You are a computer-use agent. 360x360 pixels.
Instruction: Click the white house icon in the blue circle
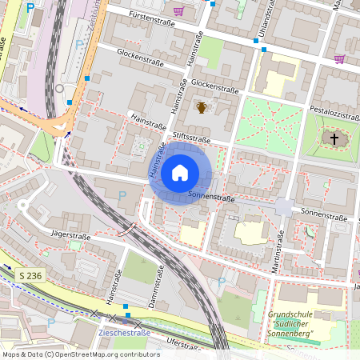click(179, 173)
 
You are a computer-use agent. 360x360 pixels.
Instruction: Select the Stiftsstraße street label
click(188, 138)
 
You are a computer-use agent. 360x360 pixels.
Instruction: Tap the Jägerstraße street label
click(71, 237)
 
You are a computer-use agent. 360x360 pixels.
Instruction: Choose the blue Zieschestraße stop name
click(124, 332)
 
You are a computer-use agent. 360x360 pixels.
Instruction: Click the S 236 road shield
click(30, 275)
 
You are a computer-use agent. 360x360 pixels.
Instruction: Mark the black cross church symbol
click(334, 139)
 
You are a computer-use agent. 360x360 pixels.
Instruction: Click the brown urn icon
click(202, 107)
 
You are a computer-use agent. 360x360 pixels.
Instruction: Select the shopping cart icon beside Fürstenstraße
click(178, 11)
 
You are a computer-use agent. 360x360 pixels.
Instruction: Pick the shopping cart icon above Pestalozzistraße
click(339, 59)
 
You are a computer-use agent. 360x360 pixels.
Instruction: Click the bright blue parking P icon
click(30, 8)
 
